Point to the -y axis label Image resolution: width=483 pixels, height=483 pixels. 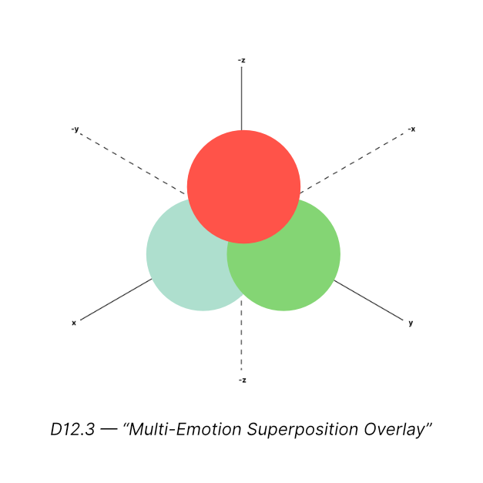click(75, 129)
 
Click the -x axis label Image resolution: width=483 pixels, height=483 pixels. click(412, 129)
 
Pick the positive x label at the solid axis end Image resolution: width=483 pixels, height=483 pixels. click(74, 323)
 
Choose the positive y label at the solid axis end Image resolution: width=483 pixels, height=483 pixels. click(411, 323)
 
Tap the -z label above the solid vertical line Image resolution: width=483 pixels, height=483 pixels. click(242, 59)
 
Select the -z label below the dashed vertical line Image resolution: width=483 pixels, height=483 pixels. click(243, 380)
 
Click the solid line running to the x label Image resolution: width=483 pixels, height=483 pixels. click(116, 300)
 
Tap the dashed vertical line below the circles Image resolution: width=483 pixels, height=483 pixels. click(242, 339)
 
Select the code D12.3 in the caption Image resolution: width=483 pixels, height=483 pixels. click(72, 429)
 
